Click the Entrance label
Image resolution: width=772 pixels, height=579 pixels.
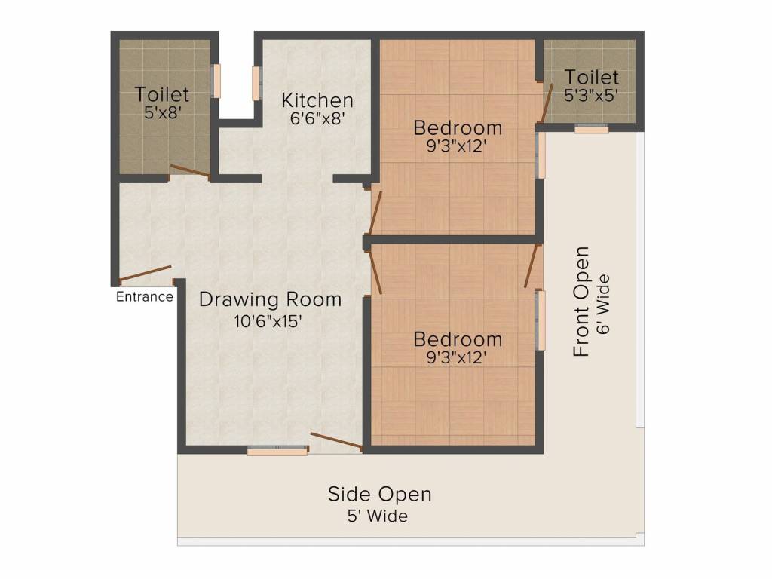144,296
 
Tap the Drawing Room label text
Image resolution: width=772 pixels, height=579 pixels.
270,299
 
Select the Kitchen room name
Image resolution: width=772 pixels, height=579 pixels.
317,100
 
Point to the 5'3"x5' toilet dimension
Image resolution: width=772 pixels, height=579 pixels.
592,96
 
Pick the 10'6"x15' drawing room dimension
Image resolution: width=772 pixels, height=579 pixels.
268,321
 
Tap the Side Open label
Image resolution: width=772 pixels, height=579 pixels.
379,495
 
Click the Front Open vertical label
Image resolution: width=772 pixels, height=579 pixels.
581,302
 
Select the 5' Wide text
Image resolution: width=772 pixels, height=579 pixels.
378,516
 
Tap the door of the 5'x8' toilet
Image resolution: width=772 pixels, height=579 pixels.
190,172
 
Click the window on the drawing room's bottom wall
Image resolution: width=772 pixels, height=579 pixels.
277,451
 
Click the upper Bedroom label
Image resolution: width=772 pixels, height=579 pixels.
458,127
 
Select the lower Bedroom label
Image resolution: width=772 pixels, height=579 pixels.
458,339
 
